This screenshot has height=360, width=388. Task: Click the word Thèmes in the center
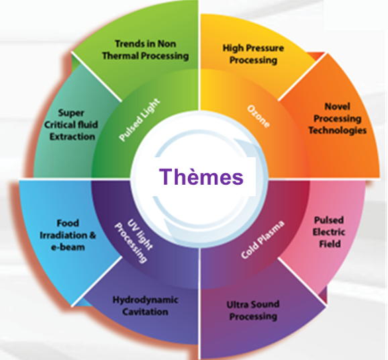pos(201,177)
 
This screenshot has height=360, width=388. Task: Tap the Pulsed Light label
pos(140,120)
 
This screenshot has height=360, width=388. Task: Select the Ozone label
pos(258,116)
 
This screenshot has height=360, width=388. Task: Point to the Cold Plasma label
pos(262,240)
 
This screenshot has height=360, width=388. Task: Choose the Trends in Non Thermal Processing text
pos(146,50)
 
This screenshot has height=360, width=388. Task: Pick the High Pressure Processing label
pos(253,54)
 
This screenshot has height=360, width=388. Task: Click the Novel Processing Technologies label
pos(337,118)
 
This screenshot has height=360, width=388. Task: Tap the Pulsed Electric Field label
pos(329,232)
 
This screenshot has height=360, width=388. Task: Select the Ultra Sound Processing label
pos(253,310)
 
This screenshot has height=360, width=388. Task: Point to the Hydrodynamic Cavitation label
pos(145,306)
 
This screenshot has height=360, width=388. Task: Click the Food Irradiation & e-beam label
pos(68,235)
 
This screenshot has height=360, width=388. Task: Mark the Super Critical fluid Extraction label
pos(71,125)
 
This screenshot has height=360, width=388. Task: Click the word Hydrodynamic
pos(145,300)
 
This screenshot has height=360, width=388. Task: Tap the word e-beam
pos(68,247)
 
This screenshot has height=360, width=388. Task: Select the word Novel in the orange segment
pos(337,107)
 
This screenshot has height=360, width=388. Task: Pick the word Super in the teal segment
pos(71,113)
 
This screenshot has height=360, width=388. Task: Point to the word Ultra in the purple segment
pos(236,304)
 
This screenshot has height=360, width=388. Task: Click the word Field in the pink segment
pos(330,244)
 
